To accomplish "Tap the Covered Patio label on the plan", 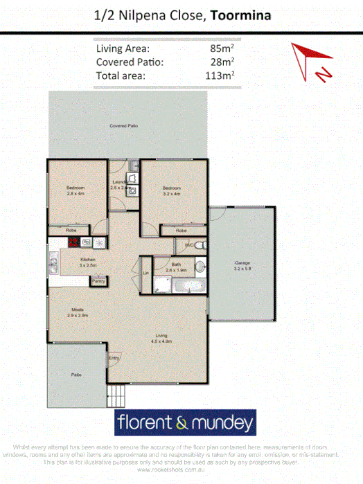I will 124,126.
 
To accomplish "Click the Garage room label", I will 242,264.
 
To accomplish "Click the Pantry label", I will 99,281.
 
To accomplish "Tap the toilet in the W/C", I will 198,246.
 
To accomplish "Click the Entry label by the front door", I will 114,358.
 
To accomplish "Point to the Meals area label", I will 78,312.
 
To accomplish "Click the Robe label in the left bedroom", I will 71,230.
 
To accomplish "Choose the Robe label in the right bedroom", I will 181,230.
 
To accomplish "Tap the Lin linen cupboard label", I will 145,274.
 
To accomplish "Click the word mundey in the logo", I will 220,422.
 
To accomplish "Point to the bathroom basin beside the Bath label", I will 199,266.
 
